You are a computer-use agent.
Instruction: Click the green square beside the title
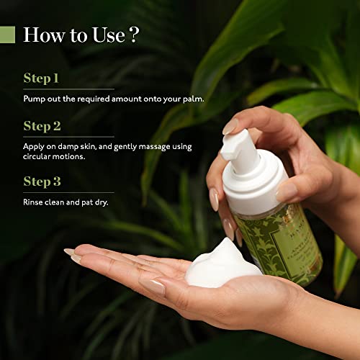(x=7, y=35)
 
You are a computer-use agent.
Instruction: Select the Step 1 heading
(x=41, y=78)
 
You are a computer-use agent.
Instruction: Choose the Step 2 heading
(x=42, y=126)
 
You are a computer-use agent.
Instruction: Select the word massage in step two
(x=157, y=145)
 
